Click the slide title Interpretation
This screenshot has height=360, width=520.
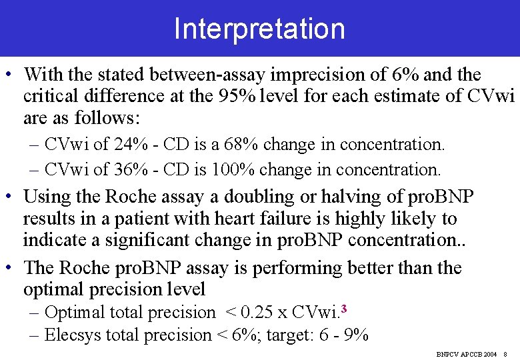click(x=259, y=29)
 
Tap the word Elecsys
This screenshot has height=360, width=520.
click(x=73, y=335)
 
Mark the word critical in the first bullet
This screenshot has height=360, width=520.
click(x=53, y=97)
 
